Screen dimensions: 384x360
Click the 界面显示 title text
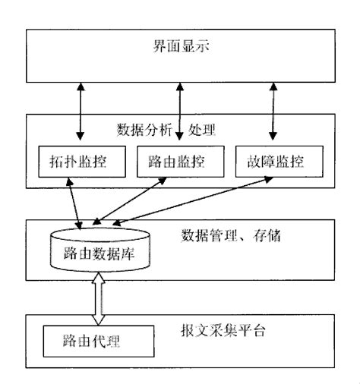pyautogui.click(x=181, y=47)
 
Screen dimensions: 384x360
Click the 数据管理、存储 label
pyautogui.click(x=232, y=234)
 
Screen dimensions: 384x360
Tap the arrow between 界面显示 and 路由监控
pyautogui.click(x=179, y=106)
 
